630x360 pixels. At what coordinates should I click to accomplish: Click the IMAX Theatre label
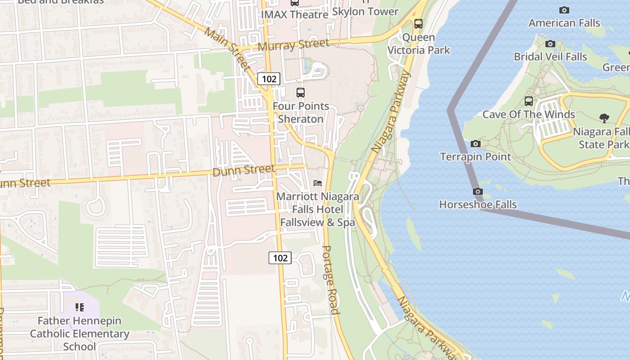pos(295,14)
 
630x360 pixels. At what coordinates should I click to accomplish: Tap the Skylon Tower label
pos(365,12)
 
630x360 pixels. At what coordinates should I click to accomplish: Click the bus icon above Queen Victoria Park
pos(418,24)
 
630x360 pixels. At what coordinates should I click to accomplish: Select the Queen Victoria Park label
pos(418,44)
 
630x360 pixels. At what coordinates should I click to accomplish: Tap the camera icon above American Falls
pos(564,10)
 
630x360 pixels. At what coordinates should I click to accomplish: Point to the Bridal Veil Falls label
pos(550,57)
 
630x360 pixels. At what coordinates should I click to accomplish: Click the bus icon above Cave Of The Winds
pos(529,101)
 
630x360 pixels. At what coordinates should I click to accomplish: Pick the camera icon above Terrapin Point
pos(475,144)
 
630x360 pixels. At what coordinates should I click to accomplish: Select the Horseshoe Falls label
pos(478,205)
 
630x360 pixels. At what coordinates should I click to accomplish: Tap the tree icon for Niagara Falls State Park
pos(604,118)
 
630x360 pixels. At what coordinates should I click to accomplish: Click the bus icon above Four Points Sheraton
pos(300,93)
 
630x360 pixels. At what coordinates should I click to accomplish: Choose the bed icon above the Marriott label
pos(318,183)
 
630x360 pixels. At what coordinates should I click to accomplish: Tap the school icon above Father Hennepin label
pos(80,307)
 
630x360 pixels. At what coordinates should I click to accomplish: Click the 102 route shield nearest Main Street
pos(269,79)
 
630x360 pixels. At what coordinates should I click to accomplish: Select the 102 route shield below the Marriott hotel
pos(280,258)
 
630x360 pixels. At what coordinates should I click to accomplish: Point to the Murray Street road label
pos(293,45)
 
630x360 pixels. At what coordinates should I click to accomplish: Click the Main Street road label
pos(227,49)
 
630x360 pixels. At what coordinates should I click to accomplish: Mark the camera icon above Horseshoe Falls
pos(478,192)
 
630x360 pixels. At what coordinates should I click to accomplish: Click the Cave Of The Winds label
pos(529,114)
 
